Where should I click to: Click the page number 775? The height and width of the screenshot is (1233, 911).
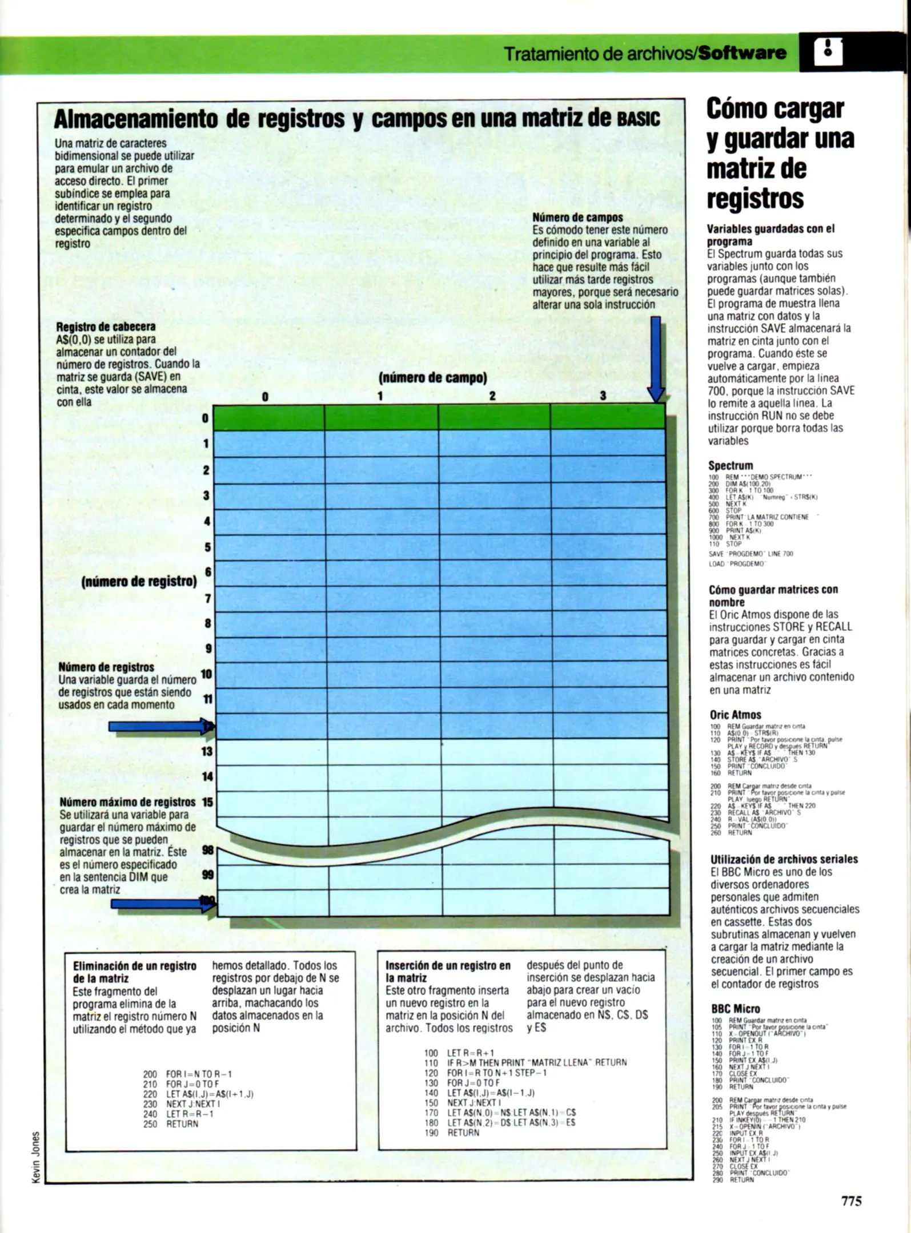850,1201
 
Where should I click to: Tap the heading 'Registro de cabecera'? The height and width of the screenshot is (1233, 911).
106,327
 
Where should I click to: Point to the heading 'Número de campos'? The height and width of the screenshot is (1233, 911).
577,217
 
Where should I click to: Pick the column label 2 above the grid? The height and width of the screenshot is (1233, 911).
492,396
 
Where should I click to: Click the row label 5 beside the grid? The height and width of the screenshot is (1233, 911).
207,547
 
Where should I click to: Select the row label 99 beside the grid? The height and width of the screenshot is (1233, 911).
208,875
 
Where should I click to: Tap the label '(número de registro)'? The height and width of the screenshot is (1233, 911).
139,582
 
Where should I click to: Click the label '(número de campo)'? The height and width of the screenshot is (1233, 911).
432,377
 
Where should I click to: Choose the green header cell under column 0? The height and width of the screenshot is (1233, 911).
268,418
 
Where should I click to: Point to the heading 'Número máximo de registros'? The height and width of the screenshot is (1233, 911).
127,802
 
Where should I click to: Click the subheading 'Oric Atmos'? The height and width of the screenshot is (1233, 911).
735,715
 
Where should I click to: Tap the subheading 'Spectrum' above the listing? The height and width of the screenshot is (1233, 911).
731,465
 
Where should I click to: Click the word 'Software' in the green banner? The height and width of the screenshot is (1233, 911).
743,54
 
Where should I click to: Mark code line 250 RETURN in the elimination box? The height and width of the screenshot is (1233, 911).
171,1124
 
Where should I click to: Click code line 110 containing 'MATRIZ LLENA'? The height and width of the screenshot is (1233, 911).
525,1062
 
